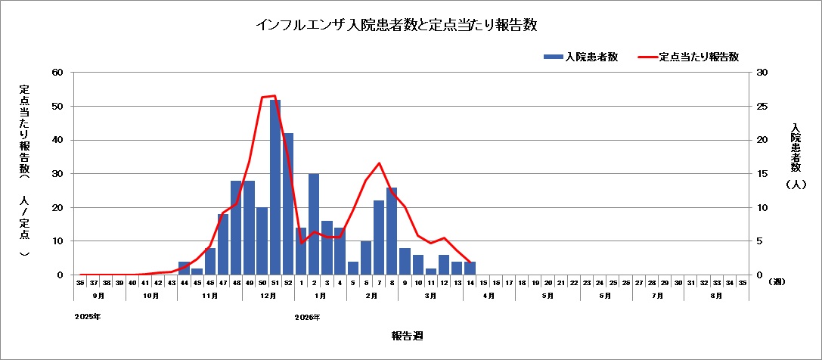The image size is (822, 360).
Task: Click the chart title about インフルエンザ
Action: pyautogui.click(x=396, y=25)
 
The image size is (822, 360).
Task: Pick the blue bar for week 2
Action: pyautogui.click(x=314, y=225)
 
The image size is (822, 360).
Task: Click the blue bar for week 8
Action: pyautogui.click(x=392, y=231)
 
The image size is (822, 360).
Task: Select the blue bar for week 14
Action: pyautogui.click(x=470, y=268)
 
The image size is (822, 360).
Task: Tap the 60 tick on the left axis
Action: pyautogui.click(x=57, y=73)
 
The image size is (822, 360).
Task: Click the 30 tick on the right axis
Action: pyautogui.click(x=762, y=73)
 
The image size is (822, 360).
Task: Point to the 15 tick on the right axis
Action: pyautogui.click(x=762, y=174)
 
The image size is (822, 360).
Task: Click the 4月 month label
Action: pyautogui.click(x=489, y=296)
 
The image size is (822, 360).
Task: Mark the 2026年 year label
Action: pyautogui.click(x=307, y=317)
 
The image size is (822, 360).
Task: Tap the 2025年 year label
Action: pyautogui.click(x=88, y=317)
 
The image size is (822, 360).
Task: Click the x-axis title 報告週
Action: pyautogui.click(x=406, y=336)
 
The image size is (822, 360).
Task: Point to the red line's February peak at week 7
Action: pyautogui.click(x=379, y=163)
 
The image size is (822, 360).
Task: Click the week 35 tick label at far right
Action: pyautogui.click(x=742, y=282)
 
